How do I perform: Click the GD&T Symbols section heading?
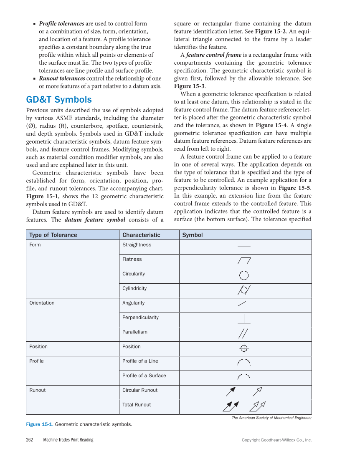(59, 100)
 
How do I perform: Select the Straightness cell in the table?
(137, 245)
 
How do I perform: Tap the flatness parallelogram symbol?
(244, 261)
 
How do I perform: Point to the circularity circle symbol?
(244, 275)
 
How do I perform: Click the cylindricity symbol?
(244, 290)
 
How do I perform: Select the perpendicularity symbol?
(244, 319)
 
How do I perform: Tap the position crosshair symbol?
(244, 348)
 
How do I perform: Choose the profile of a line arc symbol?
(244, 362)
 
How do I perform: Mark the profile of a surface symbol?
(244, 376)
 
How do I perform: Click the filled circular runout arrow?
(231, 391)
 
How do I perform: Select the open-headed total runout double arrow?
(257, 406)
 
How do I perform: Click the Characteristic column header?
(141, 235)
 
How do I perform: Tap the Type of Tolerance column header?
(53, 235)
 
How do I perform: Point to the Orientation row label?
(42, 303)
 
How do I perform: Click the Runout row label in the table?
(38, 390)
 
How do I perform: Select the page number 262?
(30, 440)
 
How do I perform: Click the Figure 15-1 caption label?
(39, 424)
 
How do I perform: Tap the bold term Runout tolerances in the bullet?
(62, 78)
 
